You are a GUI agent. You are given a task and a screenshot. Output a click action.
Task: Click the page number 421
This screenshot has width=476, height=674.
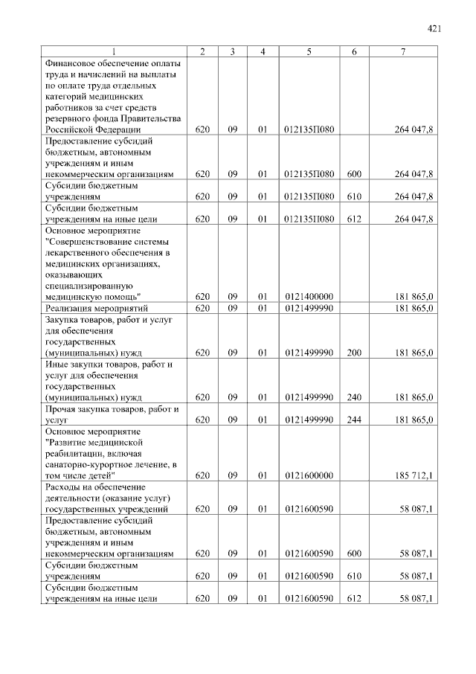[434, 29]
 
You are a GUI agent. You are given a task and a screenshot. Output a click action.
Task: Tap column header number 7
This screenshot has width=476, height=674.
[402, 51]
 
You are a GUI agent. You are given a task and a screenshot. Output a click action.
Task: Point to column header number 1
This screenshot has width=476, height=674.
[114, 51]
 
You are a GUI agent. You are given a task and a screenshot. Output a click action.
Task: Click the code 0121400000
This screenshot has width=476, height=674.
[309, 297]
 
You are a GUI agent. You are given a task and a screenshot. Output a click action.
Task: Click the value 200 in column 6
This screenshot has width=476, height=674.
[354, 353]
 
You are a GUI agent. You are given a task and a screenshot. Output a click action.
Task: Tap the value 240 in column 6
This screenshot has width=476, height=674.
[354, 397]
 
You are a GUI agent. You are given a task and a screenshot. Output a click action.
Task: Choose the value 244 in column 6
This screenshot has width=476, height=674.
[354, 420]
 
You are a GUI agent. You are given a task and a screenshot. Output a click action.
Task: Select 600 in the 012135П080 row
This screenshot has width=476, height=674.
[354, 174]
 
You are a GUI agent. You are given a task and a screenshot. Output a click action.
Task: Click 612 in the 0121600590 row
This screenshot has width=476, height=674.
[354, 599]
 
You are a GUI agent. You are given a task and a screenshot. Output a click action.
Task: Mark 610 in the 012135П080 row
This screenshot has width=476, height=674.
[354, 196]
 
